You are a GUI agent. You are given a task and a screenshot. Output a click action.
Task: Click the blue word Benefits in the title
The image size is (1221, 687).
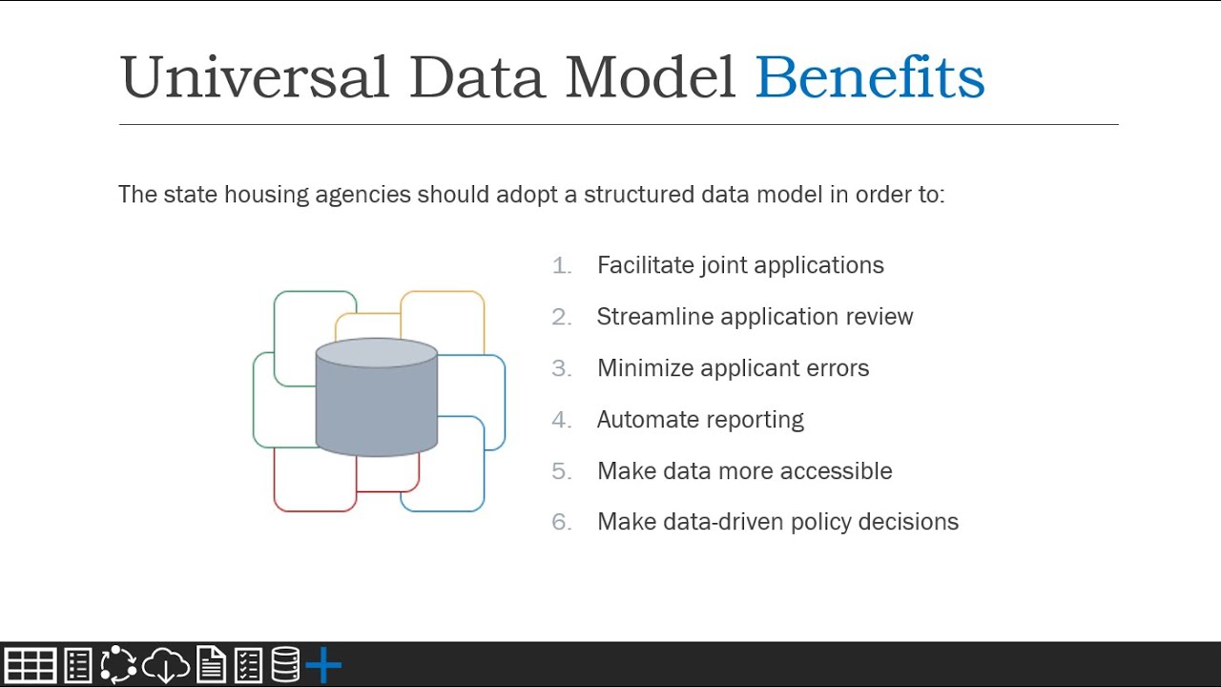pyautogui.click(x=869, y=78)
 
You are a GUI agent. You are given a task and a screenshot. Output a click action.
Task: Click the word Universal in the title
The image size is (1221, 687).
pyautogui.click(x=254, y=78)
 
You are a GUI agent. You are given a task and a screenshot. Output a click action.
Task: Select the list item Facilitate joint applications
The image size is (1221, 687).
pyautogui.click(x=740, y=265)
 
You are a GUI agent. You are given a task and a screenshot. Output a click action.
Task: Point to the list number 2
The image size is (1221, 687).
pyautogui.click(x=561, y=317)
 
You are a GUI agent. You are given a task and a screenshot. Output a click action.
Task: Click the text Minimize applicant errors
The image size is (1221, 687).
pyautogui.click(x=733, y=368)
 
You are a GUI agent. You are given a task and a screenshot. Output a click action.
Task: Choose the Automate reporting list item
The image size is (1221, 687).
pyautogui.click(x=700, y=420)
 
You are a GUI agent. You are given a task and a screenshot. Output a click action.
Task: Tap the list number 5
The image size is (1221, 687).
pyautogui.click(x=561, y=471)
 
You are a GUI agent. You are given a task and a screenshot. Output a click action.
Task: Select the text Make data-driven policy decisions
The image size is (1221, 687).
pyautogui.click(x=777, y=522)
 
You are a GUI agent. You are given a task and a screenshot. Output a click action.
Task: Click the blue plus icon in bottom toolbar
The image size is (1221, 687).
pyautogui.click(x=323, y=665)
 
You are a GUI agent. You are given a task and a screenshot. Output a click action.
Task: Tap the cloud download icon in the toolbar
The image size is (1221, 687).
pyautogui.click(x=166, y=665)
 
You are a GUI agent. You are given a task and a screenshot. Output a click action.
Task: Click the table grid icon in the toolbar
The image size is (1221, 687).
pyautogui.click(x=31, y=665)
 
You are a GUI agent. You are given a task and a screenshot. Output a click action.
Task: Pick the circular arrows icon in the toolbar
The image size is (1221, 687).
pyautogui.click(x=118, y=665)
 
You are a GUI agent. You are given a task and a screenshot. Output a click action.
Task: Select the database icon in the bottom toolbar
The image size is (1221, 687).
pyautogui.click(x=285, y=665)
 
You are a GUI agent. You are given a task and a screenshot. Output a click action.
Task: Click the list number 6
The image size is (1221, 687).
pyautogui.click(x=561, y=522)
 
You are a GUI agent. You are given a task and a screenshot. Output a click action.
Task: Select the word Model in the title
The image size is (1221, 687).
pyautogui.click(x=650, y=78)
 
